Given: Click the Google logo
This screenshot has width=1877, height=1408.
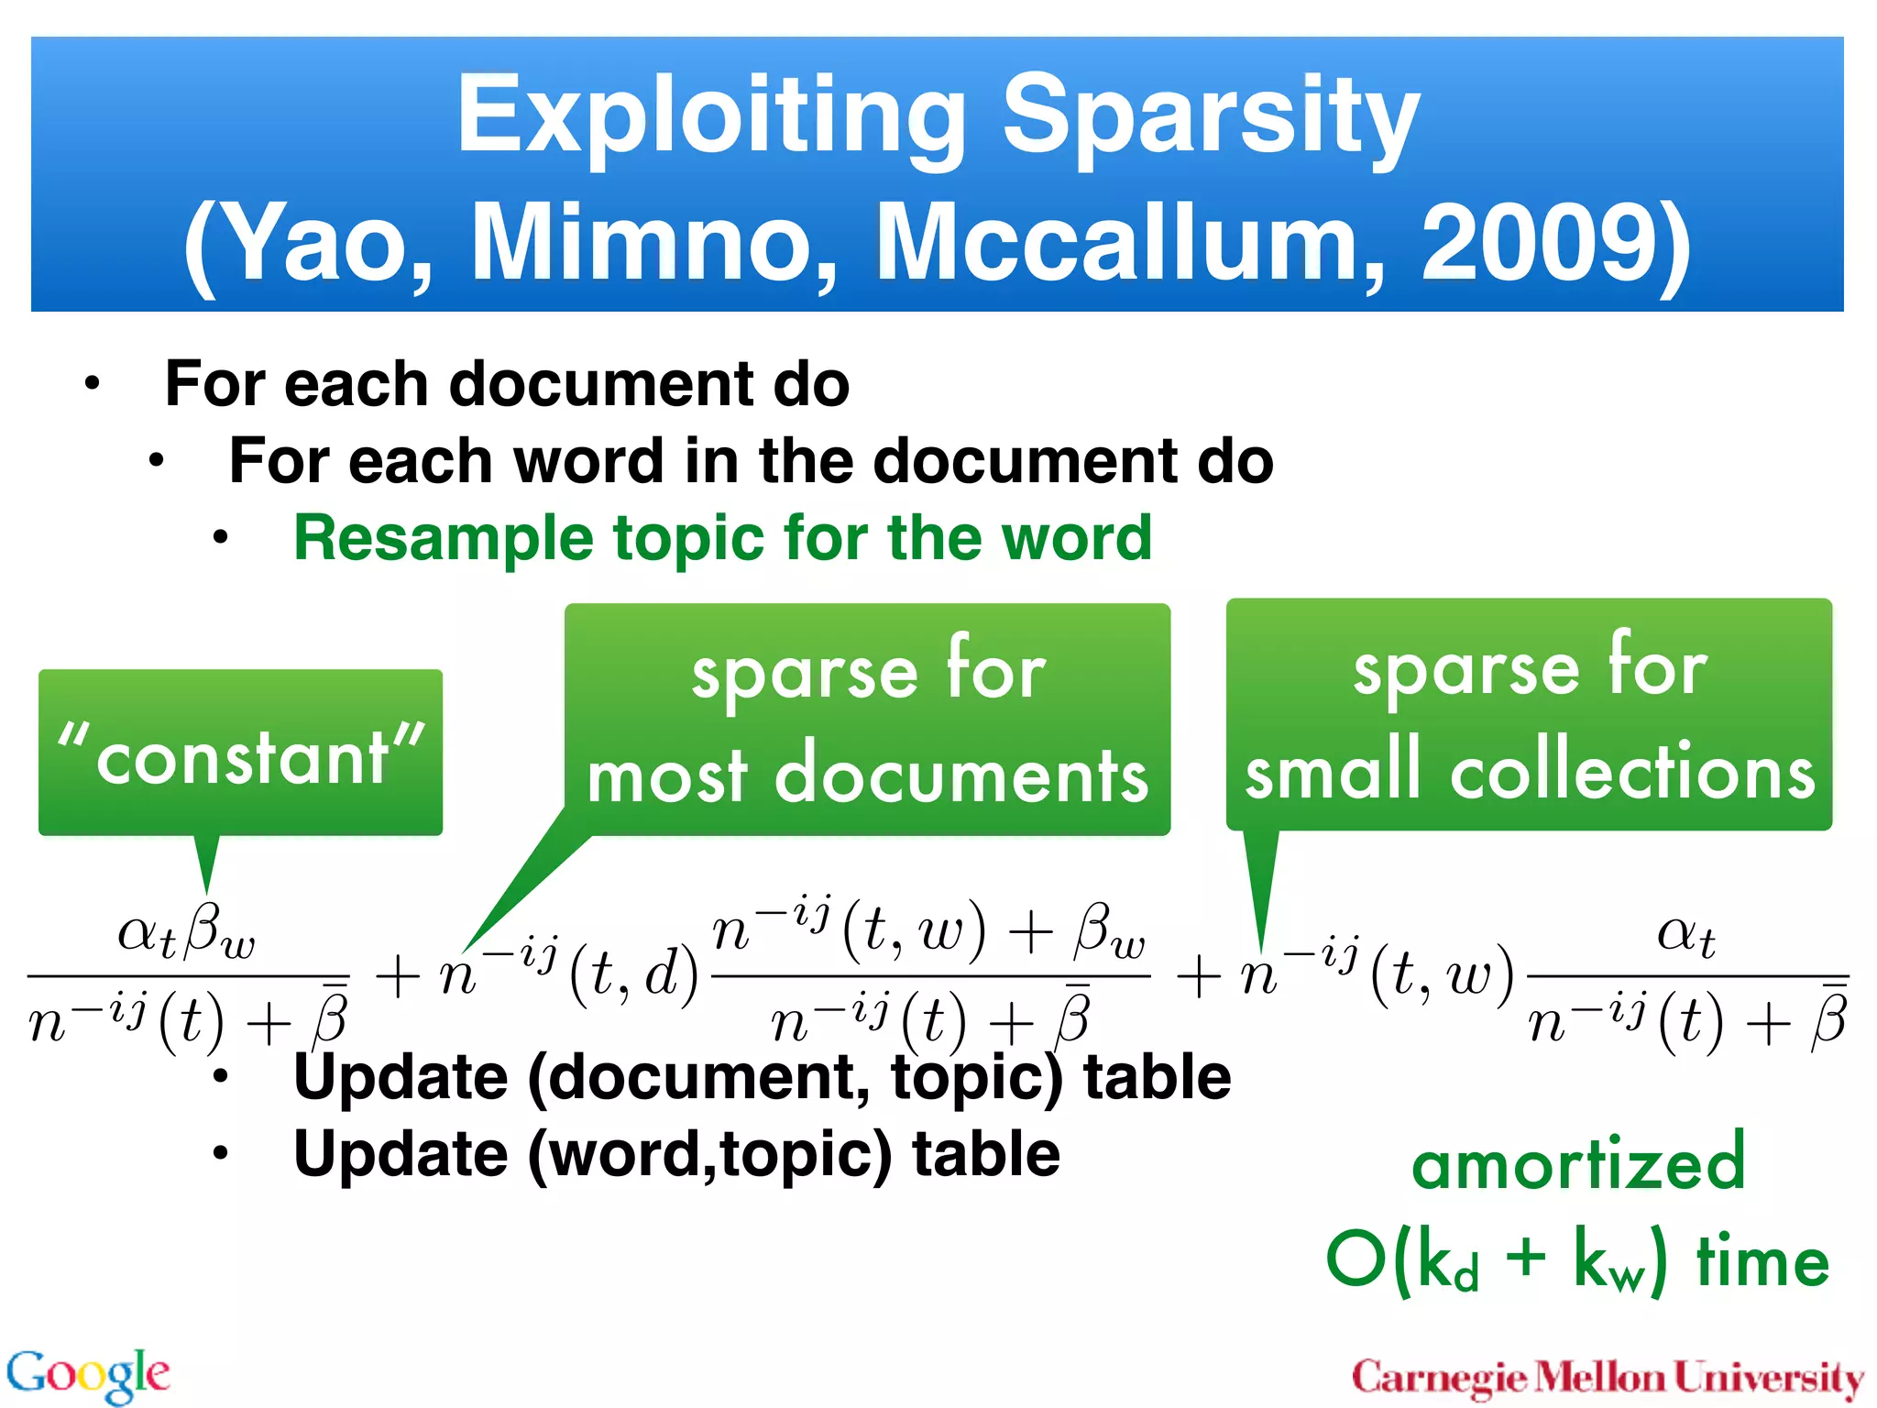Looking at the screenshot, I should click(88, 1374).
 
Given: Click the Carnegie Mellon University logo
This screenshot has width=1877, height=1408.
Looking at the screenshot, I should click(1608, 1377).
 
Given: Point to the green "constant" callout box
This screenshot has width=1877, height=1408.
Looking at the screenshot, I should click(240, 753).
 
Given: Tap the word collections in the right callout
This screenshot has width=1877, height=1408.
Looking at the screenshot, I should click(1631, 771).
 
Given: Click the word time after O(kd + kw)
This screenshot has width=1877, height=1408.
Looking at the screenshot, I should click(1762, 1261).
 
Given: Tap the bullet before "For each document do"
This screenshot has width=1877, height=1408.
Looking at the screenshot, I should click(92, 384).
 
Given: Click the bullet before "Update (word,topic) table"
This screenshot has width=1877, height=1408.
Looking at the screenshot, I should click(220, 1154).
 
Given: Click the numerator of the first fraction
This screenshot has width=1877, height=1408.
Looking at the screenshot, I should click(186, 934).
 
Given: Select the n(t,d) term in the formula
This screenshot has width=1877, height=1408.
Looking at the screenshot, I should click(568, 973).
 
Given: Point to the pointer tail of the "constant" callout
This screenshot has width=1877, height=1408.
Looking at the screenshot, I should click(207, 862).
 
